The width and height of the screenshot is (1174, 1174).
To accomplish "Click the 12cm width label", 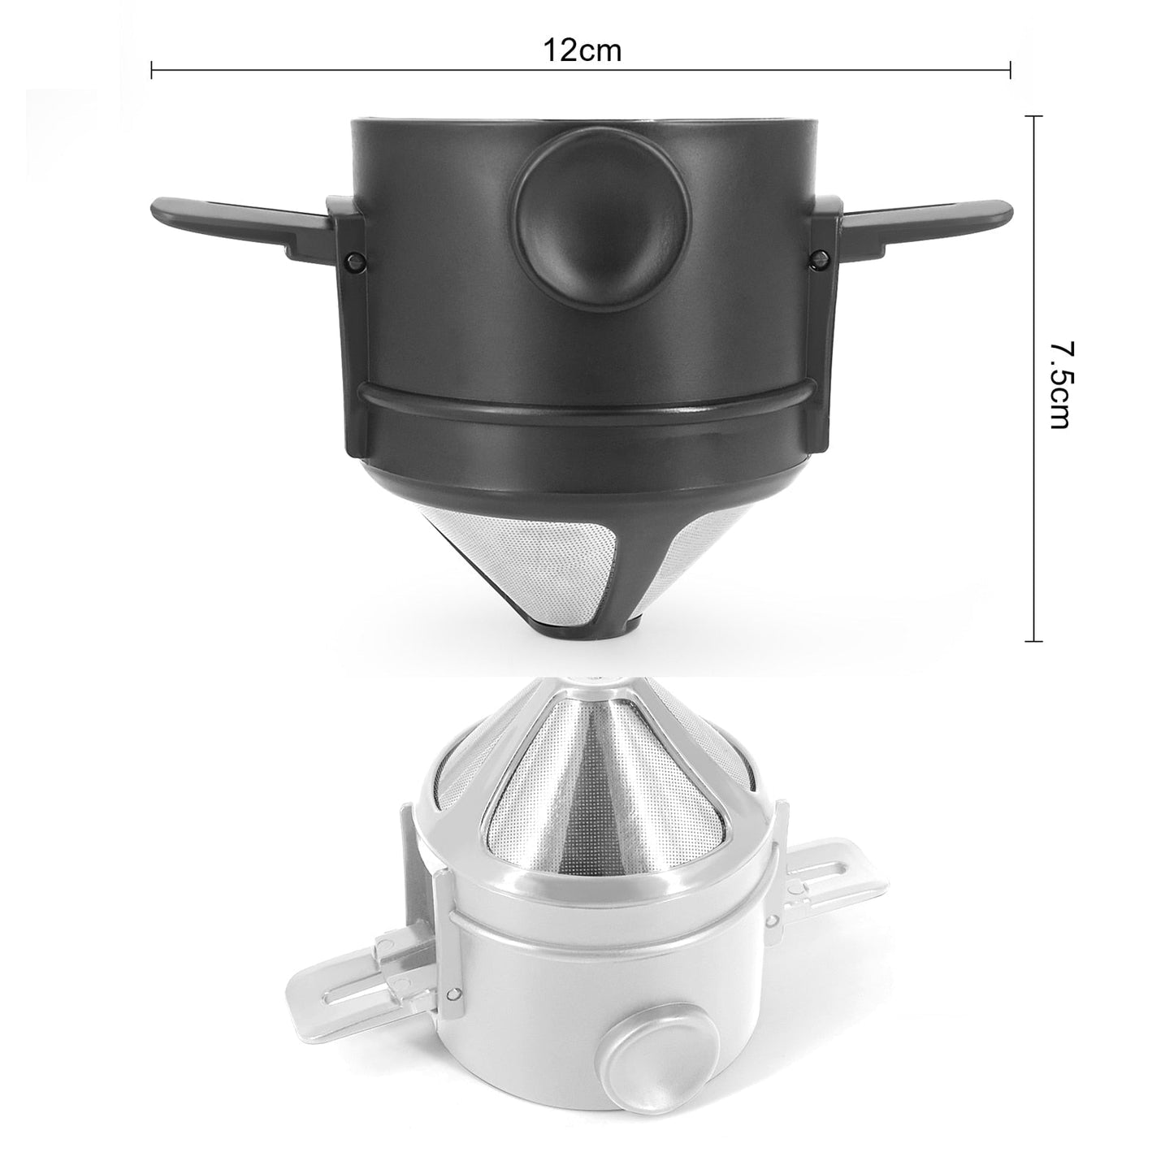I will (582, 50).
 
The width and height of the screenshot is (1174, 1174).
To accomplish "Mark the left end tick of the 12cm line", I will (152, 70).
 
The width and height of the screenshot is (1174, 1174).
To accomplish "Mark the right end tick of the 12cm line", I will (1010, 70).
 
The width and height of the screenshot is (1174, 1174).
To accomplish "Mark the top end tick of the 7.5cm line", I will (1033, 117).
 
